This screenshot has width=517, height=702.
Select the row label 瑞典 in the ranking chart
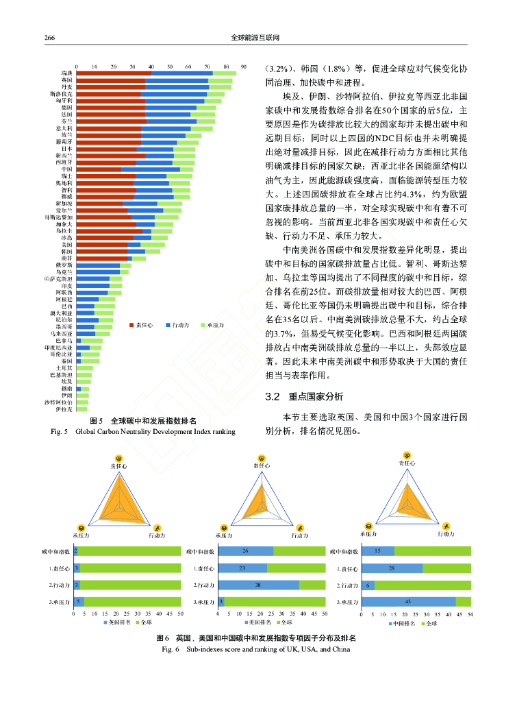click(66, 73)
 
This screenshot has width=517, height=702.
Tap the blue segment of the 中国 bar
click(151, 169)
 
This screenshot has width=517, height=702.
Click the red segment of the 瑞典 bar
click(114, 73)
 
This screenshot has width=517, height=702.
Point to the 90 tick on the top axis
click(244, 65)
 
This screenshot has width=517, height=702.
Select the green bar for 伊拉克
click(82, 409)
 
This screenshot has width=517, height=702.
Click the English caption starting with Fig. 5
click(143, 432)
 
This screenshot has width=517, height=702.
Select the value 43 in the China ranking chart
click(407, 601)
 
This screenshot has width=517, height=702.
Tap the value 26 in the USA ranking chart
click(244, 551)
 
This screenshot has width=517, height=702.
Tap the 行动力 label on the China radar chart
click(446, 534)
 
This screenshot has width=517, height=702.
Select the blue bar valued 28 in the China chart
click(391, 568)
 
